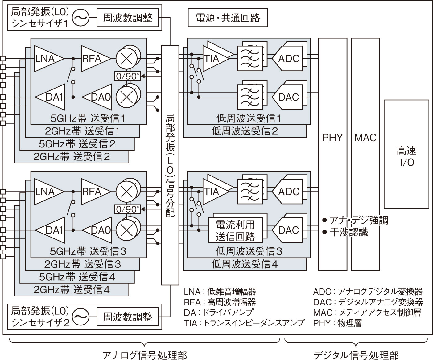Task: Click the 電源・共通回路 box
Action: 228,18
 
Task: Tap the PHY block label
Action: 332,138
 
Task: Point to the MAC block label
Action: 365,138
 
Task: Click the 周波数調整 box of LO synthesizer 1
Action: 127,18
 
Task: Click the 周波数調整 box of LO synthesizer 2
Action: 127,317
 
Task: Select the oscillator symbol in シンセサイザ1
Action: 81,18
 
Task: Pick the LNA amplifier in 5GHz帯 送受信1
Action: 46,59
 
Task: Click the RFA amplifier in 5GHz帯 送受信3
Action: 93,192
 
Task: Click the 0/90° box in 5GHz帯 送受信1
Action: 127,76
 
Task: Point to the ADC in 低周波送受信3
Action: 288,192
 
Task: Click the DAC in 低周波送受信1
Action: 288,97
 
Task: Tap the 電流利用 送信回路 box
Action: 235,230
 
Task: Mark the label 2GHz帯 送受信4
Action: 72,290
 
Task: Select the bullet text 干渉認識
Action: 349,232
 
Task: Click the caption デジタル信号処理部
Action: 356,355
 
